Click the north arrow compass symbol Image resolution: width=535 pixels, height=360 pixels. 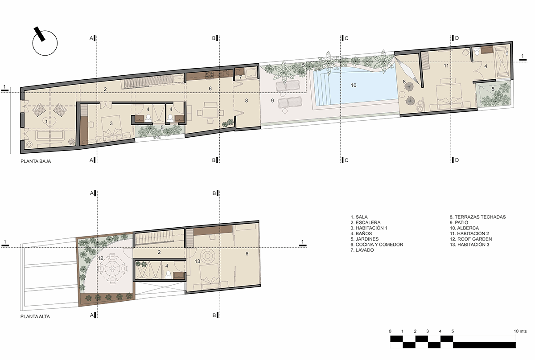(45, 41)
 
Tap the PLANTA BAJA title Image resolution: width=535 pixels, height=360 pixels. (36, 161)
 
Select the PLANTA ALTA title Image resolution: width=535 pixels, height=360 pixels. (35, 316)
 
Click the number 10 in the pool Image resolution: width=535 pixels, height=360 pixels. (354, 85)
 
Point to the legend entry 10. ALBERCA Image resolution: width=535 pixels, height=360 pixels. (464, 228)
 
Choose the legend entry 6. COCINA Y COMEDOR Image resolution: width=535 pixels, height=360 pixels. (377, 245)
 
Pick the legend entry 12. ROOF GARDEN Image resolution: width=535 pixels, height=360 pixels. (471, 239)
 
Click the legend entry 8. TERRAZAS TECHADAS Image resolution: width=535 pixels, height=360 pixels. (477, 217)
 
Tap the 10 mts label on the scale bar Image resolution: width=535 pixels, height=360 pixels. (520, 331)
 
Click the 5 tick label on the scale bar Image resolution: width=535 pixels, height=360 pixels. (453, 331)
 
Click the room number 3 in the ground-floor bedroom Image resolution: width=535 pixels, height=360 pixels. (111, 123)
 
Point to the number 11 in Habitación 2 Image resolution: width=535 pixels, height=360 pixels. (446, 65)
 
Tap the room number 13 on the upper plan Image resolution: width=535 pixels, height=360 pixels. (197, 262)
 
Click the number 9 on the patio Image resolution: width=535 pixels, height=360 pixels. (272, 101)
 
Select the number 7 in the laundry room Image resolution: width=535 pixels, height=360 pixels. (240, 77)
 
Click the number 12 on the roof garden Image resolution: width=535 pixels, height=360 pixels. (100, 258)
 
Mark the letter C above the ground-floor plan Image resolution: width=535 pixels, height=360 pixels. (346, 38)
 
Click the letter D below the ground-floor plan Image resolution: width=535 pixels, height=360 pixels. (457, 160)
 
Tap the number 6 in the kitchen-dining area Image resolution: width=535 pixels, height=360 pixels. (210, 89)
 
